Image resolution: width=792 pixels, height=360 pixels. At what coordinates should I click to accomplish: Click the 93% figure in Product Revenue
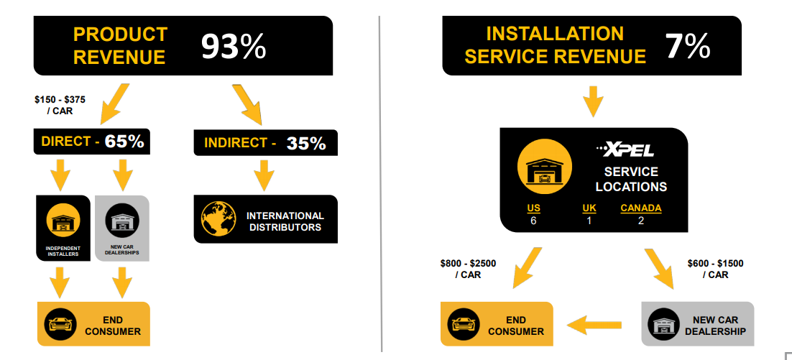pyautogui.click(x=233, y=47)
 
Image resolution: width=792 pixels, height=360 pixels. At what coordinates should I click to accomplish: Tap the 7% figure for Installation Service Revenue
pyautogui.click(x=688, y=47)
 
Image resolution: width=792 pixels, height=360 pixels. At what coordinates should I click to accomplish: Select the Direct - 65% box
pyautogui.click(x=92, y=142)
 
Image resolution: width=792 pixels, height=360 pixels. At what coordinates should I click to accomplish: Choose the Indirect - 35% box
pyautogui.click(x=265, y=143)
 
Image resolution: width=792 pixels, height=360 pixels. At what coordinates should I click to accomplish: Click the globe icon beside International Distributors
pyautogui.click(x=219, y=219)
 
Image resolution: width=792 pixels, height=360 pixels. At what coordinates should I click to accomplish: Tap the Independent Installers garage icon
pyautogui.click(x=63, y=221)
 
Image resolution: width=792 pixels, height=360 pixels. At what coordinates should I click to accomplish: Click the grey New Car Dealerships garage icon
pyautogui.click(x=121, y=221)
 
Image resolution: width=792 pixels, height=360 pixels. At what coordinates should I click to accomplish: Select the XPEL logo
pyautogui.click(x=627, y=150)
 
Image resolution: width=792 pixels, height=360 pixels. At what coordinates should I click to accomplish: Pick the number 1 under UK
pyautogui.click(x=589, y=221)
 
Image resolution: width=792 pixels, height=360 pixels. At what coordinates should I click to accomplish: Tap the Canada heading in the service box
pyautogui.click(x=641, y=208)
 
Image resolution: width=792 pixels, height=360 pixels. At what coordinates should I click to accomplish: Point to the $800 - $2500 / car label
pyautogui.click(x=468, y=269)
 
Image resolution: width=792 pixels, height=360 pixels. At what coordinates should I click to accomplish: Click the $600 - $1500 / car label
pyautogui.click(x=715, y=269)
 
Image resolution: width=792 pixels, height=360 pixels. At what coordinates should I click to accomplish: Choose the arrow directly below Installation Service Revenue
pyautogui.click(x=593, y=101)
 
